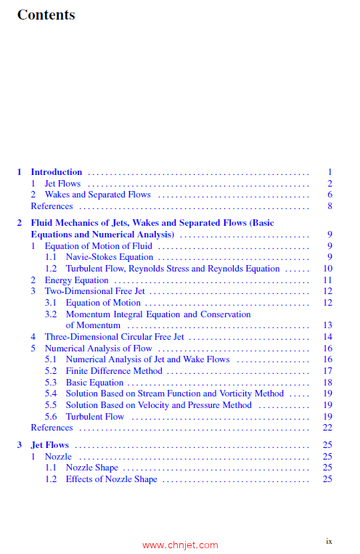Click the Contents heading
point(46,15)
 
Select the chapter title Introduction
point(56,172)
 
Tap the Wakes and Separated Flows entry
point(97,195)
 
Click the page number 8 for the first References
point(330,206)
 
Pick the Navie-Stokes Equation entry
point(109,257)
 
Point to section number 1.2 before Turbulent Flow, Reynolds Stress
point(51,269)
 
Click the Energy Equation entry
point(76,280)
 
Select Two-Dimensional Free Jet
point(94,291)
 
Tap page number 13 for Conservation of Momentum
point(327,326)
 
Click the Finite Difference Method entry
point(114,371)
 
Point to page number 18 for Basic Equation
point(327,383)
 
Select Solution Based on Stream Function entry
point(174,394)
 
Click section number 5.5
point(51,405)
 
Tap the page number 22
point(327,428)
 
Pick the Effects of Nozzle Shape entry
point(111,479)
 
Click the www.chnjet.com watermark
point(180,545)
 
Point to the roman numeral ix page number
point(329,540)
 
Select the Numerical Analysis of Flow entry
point(98,349)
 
